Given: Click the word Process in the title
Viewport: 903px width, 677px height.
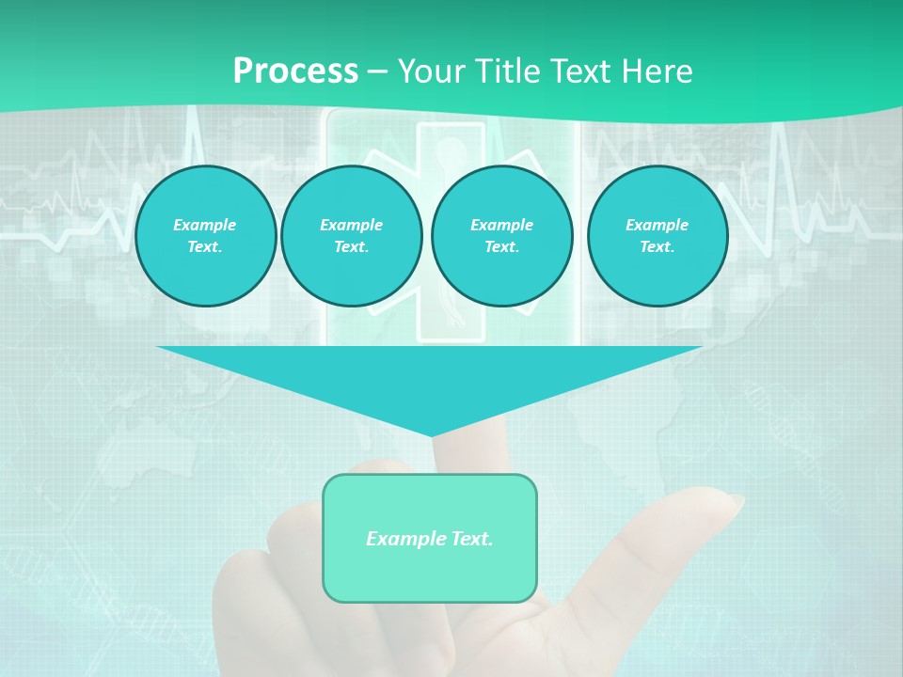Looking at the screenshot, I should [295, 71].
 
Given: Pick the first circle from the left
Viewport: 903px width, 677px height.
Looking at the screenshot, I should [205, 236].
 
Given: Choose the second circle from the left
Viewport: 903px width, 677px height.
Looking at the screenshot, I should [351, 236].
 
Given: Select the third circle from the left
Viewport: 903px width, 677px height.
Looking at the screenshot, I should [501, 236].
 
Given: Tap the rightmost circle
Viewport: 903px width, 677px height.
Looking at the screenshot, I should [657, 236].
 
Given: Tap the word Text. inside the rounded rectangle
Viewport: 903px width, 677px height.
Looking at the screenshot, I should [471, 539].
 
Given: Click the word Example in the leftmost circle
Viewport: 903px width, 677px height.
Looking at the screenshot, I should [205, 225].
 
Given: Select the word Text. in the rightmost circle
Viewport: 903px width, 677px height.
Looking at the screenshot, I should [657, 247].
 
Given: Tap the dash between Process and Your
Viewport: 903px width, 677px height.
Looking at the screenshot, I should [377, 71].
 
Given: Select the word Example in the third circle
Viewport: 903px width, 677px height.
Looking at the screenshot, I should [501, 225].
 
